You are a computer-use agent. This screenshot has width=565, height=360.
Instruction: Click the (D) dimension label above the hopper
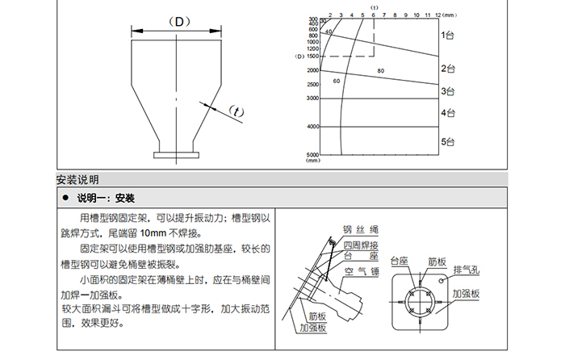tap(176, 22)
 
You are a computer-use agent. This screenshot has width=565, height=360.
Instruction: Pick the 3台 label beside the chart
tap(448, 91)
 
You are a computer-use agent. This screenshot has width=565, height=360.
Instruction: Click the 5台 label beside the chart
tap(448, 142)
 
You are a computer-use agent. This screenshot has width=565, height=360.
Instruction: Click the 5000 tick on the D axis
tap(313, 154)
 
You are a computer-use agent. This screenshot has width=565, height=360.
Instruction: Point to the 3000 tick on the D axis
tap(313, 98)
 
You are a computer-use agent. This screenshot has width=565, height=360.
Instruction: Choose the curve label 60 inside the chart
tap(336, 81)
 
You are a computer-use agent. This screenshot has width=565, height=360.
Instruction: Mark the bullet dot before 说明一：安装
tap(65, 197)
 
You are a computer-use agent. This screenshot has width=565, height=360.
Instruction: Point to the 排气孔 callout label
tap(467, 270)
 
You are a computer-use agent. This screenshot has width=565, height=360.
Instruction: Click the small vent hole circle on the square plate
tap(443, 278)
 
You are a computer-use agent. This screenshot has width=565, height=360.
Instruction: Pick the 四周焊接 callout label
tap(360, 244)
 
